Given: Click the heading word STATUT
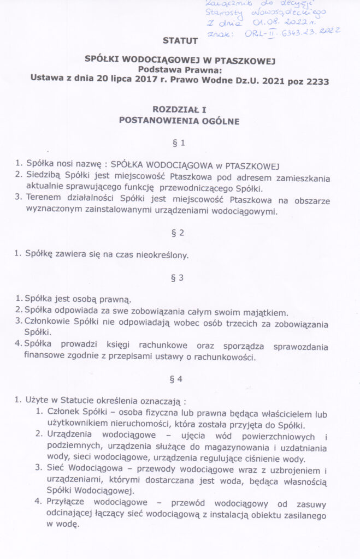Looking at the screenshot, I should (x=180, y=40).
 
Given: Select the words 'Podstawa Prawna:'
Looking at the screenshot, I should (x=180, y=69).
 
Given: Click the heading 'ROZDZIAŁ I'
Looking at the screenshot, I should (x=180, y=110).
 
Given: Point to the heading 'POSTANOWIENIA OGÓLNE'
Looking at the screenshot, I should (x=180, y=121).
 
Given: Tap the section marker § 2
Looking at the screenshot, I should (x=180, y=233).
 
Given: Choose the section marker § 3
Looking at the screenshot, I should (x=180, y=277).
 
